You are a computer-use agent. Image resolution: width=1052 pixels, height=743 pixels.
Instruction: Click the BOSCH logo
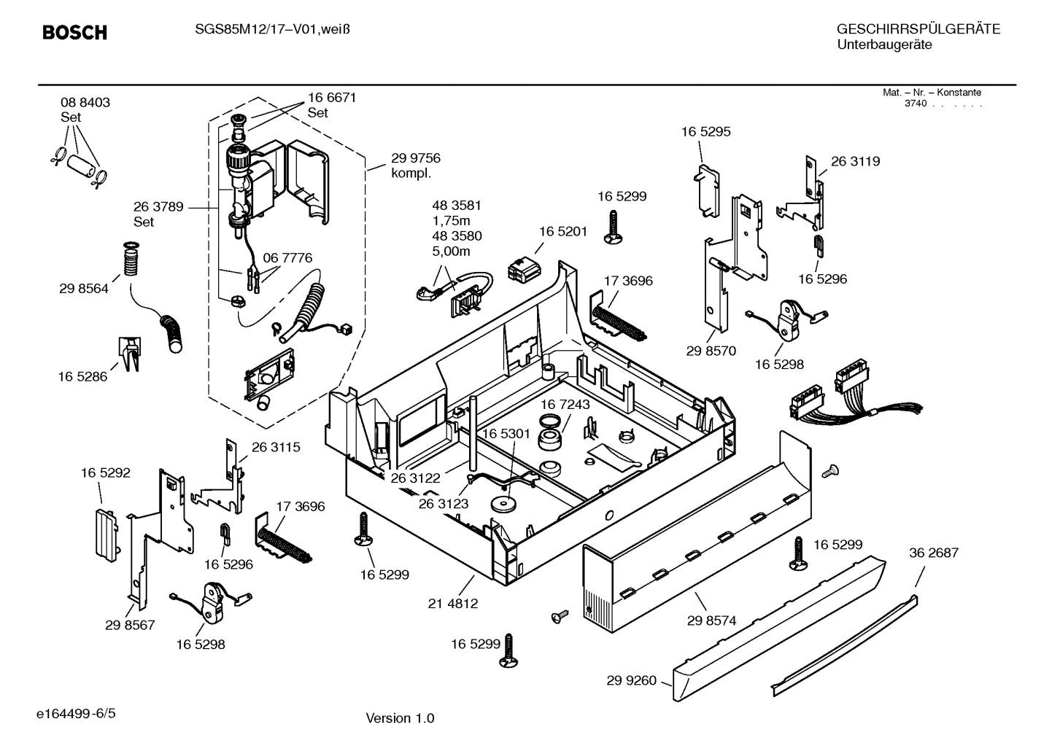74,32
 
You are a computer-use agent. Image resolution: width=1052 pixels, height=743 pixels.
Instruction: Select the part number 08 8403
85,103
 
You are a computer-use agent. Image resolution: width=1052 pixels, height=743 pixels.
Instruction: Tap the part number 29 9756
416,158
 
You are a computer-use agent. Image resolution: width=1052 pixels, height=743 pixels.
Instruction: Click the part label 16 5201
563,231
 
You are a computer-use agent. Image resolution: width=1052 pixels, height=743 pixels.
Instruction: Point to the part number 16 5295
705,132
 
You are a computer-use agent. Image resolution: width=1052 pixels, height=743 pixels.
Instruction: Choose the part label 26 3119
855,162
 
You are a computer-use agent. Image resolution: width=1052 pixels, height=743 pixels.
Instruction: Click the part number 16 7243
565,404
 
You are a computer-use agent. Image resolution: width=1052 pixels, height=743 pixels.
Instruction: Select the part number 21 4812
453,603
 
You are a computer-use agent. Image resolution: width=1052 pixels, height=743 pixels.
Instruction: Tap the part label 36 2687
934,553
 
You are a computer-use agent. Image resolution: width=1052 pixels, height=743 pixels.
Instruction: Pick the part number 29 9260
631,681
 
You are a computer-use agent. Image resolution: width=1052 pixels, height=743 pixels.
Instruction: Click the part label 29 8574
711,621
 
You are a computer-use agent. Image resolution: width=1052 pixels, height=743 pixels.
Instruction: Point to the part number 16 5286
82,377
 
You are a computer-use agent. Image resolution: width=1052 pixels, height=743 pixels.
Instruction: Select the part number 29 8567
130,625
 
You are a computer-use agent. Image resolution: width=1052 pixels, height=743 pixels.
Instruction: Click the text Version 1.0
400,718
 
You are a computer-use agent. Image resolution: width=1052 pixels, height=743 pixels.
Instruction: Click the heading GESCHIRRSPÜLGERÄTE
918,29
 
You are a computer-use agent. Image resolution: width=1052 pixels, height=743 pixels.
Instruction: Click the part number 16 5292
105,473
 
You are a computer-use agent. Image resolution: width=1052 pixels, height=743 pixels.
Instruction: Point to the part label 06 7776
287,258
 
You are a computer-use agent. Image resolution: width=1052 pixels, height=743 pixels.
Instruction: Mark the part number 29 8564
84,289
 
